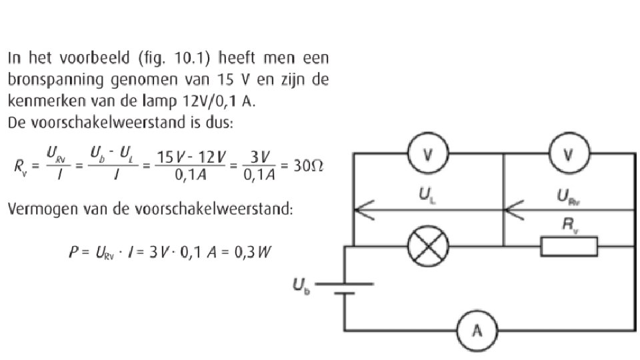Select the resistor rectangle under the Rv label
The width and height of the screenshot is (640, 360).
click(x=569, y=247)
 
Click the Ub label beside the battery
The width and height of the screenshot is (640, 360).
click(x=300, y=286)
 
